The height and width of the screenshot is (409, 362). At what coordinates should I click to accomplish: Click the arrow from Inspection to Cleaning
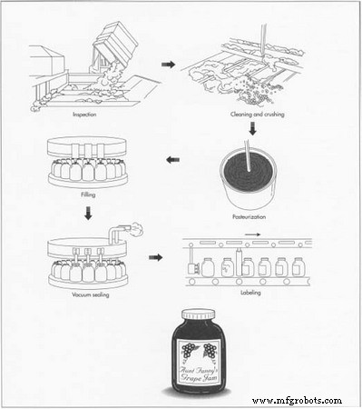(x=168, y=65)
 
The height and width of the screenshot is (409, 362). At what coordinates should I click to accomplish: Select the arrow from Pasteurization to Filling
(x=172, y=161)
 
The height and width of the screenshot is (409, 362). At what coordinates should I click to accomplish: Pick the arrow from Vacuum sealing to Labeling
(x=155, y=257)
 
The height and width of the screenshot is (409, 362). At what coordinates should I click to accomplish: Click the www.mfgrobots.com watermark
(x=297, y=400)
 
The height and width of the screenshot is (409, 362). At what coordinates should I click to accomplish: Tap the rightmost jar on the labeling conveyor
(x=298, y=266)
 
